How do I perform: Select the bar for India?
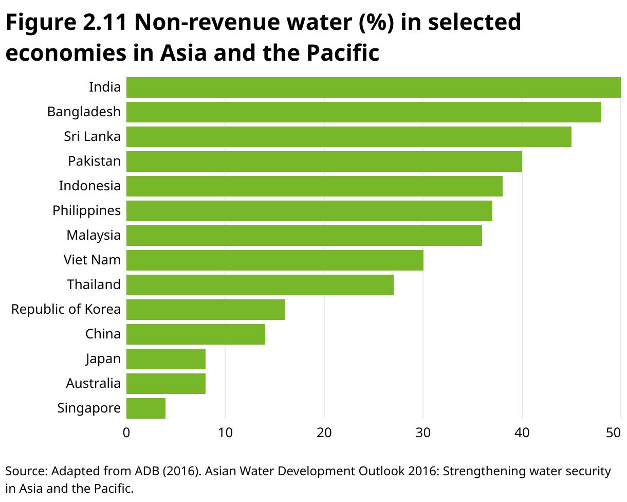pos(373,87)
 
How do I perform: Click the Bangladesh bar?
pos(363,112)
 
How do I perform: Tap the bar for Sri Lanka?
pos(348,136)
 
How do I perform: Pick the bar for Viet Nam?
pos(274,260)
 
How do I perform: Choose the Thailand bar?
pos(260,284)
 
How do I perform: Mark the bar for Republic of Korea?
pos(205,309)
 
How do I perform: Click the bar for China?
pos(195,334)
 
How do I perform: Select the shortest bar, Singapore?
pos(146,408)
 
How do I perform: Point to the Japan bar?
pos(165,358)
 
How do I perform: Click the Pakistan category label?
pos(94,161)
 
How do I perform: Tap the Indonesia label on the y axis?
pos(89,186)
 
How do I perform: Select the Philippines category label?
pos(86,210)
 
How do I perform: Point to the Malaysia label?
pos(93,235)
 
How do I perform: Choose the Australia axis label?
pos(93,383)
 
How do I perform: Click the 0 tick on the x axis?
pos(126,433)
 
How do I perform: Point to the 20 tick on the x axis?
pos(324,433)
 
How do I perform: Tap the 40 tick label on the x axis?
pos(522,433)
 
